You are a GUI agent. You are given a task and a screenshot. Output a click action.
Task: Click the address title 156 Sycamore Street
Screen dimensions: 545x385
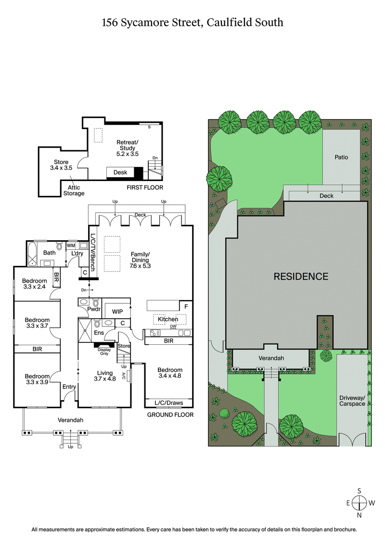(192, 22)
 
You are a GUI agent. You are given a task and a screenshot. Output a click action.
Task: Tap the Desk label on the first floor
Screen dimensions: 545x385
(120, 172)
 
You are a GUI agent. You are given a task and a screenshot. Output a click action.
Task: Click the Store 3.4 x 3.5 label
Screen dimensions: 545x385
(61, 165)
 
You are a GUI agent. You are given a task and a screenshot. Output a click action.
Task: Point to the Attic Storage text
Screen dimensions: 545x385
(74, 191)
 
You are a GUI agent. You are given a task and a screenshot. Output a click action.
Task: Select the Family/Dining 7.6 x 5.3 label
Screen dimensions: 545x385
(140, 260)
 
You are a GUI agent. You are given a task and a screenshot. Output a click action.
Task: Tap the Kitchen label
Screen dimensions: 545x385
(167, 319)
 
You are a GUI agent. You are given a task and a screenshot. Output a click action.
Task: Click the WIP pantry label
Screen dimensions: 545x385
(117, 311)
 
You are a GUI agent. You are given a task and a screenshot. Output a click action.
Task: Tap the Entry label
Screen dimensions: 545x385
(69, 387)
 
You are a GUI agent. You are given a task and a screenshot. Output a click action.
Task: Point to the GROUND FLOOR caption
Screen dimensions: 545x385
(170, 415)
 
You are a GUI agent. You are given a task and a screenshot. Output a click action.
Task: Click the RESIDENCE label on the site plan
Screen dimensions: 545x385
(301, 276)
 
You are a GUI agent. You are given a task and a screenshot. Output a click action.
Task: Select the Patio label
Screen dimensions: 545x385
(341, 157)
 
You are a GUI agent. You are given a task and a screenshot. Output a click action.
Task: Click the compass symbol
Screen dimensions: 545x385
(359, 503)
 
